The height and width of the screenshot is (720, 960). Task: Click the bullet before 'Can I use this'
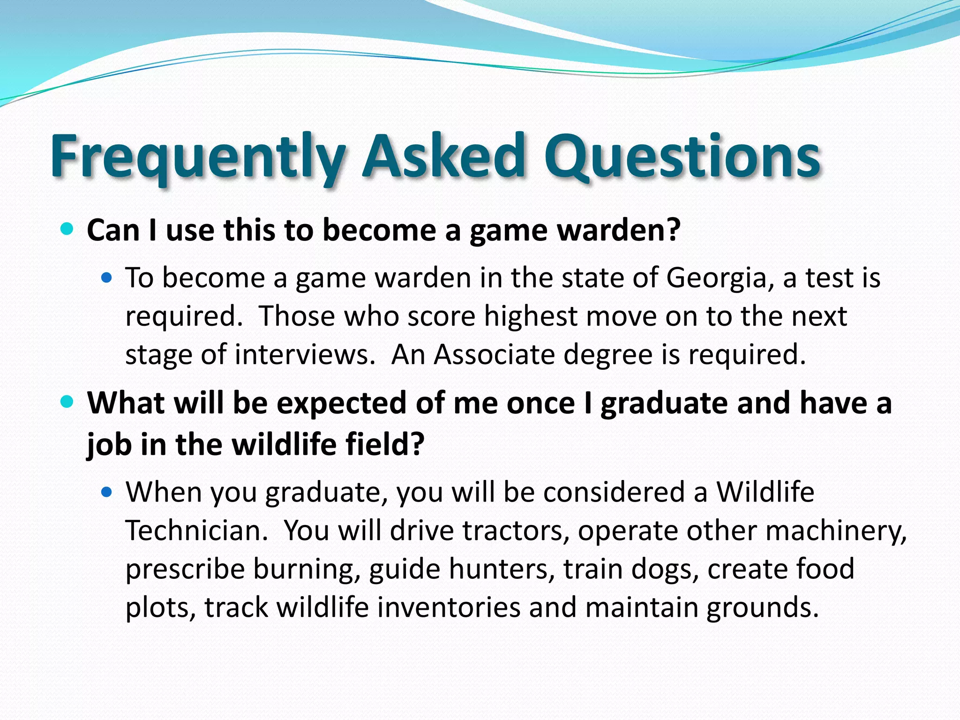click(67, 229)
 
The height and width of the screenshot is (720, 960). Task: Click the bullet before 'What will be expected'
click(67, 402)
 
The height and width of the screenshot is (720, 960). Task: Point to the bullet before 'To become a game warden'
click(107, 278)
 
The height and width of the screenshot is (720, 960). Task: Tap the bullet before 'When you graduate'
click(107, 492)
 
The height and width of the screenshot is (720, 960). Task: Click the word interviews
click(305, 354)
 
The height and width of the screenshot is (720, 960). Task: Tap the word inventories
click(449, 607)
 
